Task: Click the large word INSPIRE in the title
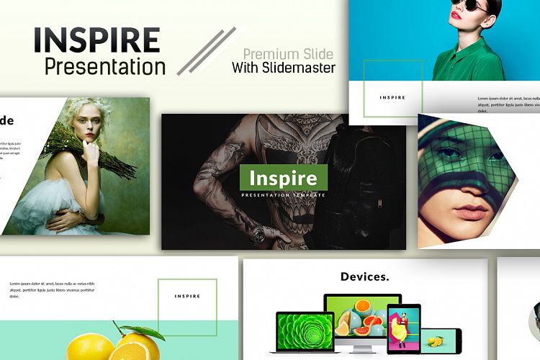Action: pyautogui.click(x=96, y=40)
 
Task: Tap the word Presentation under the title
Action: pyautogui.click(x=104, y=67)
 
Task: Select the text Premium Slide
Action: pyautogui.click(x=288, y=54)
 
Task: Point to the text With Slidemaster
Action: pyautogui.click(x=284, y=69)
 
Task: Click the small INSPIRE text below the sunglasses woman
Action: pyautogui.click(x=392, y=97)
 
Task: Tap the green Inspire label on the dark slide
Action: pyautogui.click(x=283, y=177)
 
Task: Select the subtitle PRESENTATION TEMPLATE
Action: pyautogui.click(x=283, y=195)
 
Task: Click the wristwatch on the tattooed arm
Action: pyautogui.click(x=258, y=233)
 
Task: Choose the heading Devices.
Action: pyautogui.click(x=364, y=276)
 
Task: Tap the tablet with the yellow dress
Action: pyautogui.click(x=403, y=328)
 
